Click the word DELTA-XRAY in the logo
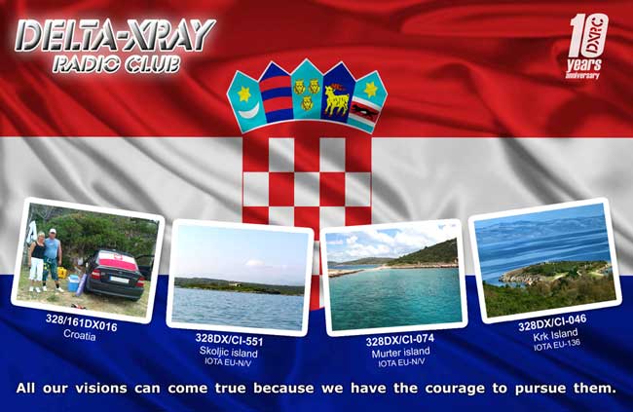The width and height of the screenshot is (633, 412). click(115, 35)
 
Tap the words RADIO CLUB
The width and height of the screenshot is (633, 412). click(116, 63)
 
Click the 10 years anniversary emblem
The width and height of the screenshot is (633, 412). click(585, 47)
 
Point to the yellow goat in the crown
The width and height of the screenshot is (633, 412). click(336, 99)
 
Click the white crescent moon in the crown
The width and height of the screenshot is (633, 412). click(248, 111)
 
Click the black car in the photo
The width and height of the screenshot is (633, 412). click(117, 274)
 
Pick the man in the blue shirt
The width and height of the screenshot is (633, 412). click(52, 259)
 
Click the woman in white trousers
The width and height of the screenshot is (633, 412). click(37, 262)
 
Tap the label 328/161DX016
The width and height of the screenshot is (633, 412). click(81, 322)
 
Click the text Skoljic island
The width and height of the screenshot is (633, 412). click(229, 352)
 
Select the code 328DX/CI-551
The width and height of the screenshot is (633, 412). click(229, 340)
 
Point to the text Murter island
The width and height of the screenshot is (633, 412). click(400, 353)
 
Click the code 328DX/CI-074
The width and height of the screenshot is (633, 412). click(400, 340)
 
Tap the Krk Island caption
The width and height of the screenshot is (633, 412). click(555, 335)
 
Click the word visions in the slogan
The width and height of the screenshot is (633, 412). click(101, 389)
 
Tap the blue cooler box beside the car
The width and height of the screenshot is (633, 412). click(74, 282)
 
